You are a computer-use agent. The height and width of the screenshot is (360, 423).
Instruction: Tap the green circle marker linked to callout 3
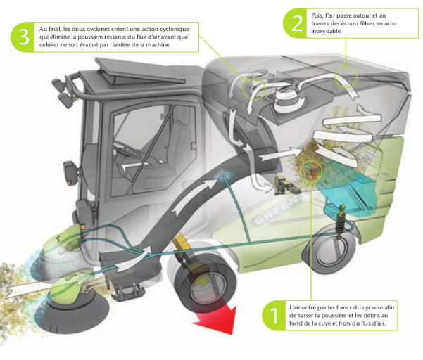253,87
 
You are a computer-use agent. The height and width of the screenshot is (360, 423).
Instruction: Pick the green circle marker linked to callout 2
346,76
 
